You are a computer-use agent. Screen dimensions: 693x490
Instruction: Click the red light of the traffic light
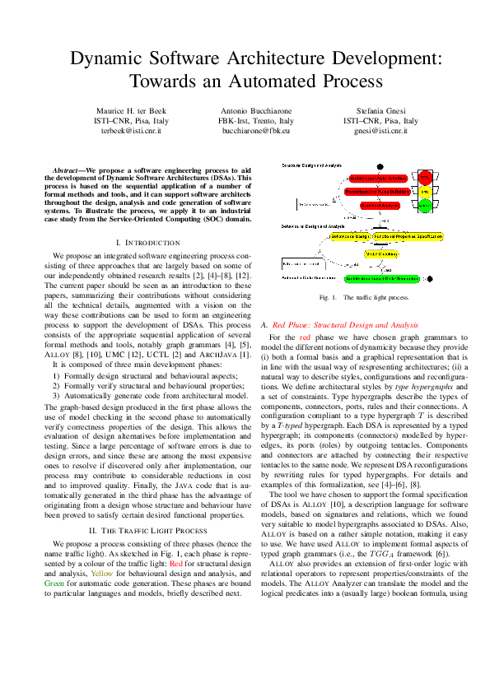coord(425,177)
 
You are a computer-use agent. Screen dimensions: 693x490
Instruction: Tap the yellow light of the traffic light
coord(425,191)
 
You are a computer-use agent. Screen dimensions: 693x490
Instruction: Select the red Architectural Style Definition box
coord(376,177)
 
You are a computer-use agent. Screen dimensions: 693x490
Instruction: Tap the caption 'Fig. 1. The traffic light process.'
coord(365,297)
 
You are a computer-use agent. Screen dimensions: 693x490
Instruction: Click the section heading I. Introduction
coord(147,243)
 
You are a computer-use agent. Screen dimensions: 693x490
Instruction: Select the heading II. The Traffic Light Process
coord(147,508)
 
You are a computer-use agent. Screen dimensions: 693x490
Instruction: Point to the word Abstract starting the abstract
coord(68,169)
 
